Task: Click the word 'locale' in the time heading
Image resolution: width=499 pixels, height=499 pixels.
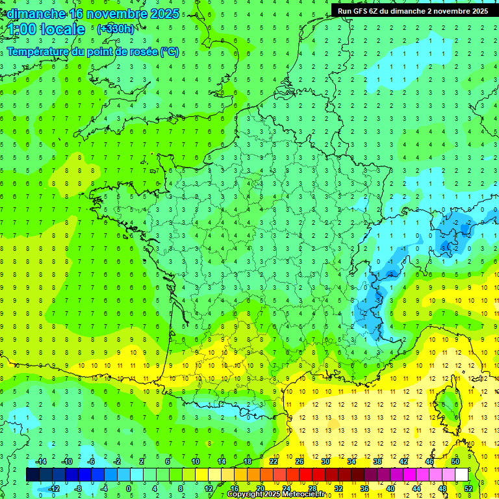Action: pyautogui.click(x=63, y=29)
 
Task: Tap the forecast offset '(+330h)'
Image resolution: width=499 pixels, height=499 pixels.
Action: pyautogui.click(x=115, y=29)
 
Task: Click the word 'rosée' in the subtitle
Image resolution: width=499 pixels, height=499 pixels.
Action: pyautogui.click(x=138, y=51)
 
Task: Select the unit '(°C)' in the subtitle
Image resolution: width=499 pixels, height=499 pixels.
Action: pyautogui.click(x=169, y=51)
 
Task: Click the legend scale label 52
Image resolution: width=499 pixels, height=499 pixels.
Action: pyautogui.click(x=468, y=489)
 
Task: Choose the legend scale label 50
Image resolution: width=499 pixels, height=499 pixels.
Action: pyautogui.click(x=455, y=461)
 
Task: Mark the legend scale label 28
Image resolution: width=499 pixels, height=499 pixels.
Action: pyautogui.click(x=312, y=489)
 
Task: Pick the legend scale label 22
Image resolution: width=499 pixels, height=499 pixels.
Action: pyautogui.click(x=274, y=461)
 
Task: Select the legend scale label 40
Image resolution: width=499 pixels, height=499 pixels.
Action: pyautogui.click(x=390, y=489)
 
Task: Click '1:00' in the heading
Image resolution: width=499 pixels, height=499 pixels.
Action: pyautogui.click(x=21, y=29)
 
